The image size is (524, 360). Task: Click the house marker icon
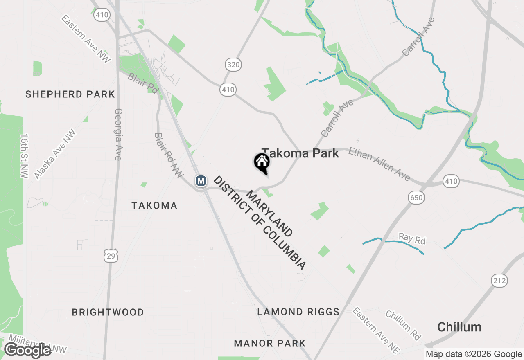[x=262, y=163]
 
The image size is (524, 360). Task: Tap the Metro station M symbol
[x=201, y=180]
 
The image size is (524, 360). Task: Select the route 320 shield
[x=233, y=64]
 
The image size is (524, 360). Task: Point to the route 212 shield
[x=499, y=281]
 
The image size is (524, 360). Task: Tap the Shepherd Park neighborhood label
[x=70, y=94]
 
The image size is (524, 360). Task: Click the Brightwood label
[x=108, y=313]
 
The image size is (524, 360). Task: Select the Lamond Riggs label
[x=298, y=312]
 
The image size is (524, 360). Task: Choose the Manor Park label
[x=270, y=343]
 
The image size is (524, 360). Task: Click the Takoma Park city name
[x=300, y=153]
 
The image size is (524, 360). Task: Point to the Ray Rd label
[x=412, y=239]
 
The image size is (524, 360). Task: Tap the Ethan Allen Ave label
[x=379, y=164]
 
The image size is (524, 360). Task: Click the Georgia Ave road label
[x=118, y=134]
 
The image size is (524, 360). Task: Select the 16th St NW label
[x=25, y=155]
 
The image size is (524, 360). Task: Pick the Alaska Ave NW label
[x=55, y=154]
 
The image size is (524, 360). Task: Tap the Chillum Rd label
[x=403, y=325]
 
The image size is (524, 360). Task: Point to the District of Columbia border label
[x=260, y=223]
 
